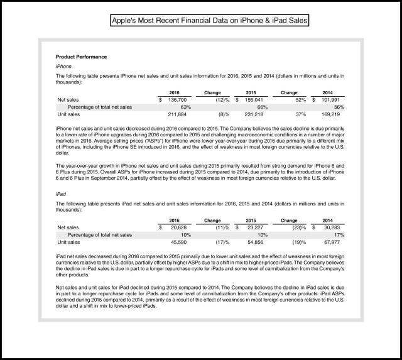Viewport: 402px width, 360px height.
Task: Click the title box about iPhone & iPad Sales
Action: [209, 20]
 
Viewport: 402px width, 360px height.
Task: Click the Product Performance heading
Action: [81, 57]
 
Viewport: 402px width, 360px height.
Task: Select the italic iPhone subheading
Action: [63, 67]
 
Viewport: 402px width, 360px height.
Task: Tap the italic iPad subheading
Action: [61, 194]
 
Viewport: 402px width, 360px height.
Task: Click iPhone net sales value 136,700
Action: [177, 100]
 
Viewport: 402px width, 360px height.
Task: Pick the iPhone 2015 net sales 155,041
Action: [254, 100]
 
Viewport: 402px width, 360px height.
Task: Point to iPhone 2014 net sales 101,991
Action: [330, 100]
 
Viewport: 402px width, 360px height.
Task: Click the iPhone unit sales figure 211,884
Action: [177, 114]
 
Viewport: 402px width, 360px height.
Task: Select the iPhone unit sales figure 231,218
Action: [254, 114]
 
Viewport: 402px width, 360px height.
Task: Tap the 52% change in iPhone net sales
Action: [301, 100]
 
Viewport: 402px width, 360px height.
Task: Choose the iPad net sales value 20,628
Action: [178, 227]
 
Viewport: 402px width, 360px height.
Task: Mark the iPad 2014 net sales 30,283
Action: [332, 227]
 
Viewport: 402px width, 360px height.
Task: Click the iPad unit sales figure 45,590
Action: [178, 242]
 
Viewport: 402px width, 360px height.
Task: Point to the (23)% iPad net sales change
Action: [299, 227]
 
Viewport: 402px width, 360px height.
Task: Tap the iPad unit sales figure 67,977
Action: [332, 242]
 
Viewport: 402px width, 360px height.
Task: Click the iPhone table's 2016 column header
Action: [175, 92]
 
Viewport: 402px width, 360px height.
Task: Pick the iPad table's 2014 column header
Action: [327, 221]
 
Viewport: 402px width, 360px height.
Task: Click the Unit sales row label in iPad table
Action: [68, 242]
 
